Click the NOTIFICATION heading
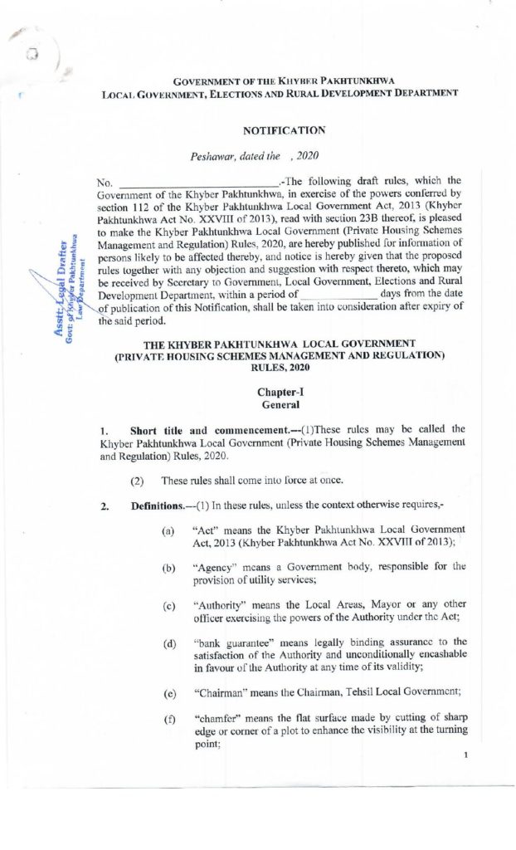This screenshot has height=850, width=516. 284,130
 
